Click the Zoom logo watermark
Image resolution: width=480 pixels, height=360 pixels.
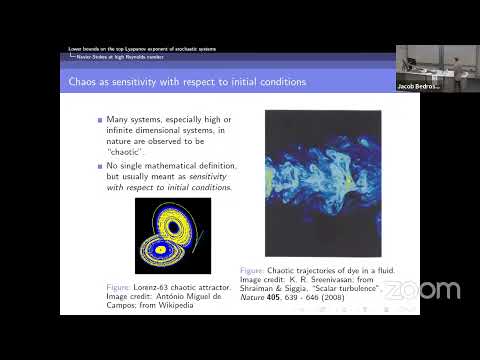(423, 290)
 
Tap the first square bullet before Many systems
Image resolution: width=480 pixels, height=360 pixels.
(99, 119)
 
